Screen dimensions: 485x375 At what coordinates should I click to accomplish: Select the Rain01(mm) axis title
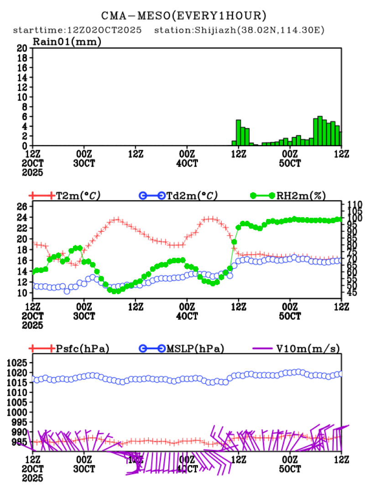click(67, 42)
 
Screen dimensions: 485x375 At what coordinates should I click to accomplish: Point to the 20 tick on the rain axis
click(21, 48)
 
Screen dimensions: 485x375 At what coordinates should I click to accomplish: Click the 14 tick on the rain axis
click(21, 77)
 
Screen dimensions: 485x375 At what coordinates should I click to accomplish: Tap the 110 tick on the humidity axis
click(354, 204)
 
